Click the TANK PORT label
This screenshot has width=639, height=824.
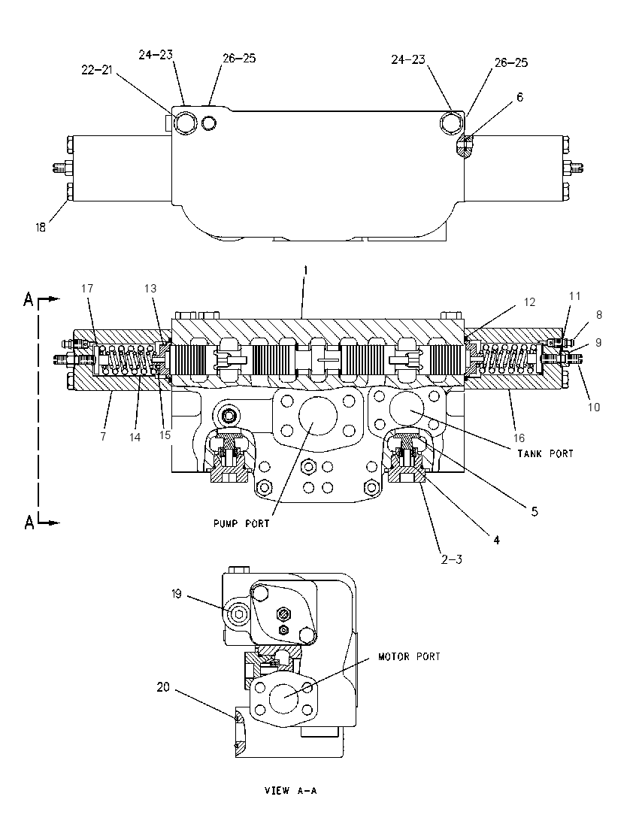pos(545,453)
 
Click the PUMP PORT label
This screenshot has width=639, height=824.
pos(241,523)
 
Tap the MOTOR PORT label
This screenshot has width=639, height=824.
pos(409,656)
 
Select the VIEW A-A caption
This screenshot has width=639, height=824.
pos(291,790)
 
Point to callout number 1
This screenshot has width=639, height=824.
pos(305,271)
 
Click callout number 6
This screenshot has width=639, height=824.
pos(519,97)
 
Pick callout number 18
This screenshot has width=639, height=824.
pos(41,228)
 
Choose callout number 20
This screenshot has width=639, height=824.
pos(163,687)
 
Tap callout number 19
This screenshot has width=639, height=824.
pos(176,594)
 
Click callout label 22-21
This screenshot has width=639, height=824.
pos(97,70)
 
